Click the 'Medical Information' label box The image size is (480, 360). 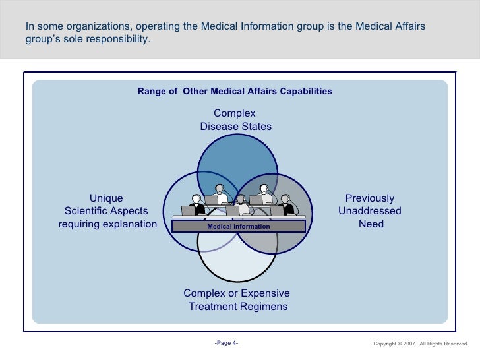click(239, 226)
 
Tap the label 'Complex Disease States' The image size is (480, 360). click(235, 120)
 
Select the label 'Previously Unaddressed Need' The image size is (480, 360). click(370, 211)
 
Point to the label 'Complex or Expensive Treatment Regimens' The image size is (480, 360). click(237, 300)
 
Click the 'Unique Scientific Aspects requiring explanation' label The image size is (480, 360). click(107, 211)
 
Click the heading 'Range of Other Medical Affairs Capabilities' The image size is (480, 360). click(235, 91)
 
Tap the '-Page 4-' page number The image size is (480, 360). click(227, 343)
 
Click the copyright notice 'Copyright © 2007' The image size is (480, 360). click(396, 344)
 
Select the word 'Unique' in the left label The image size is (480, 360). click(106, 198)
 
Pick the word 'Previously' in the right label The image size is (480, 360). click(370, 198)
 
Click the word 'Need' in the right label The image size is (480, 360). click(371, 224)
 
